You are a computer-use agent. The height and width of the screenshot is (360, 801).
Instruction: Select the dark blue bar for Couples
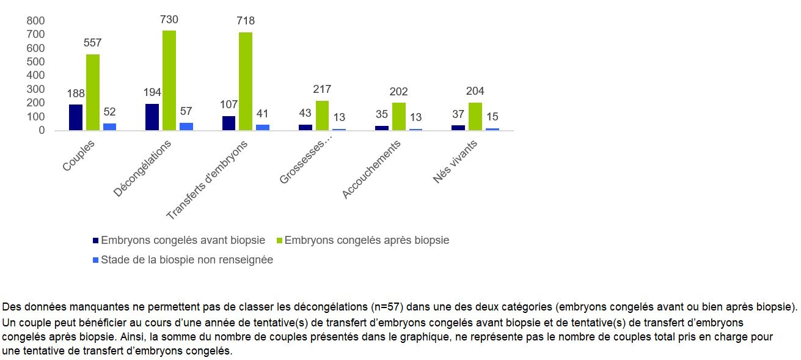point(76,117)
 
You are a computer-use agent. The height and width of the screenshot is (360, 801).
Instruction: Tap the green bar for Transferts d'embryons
point(245,81)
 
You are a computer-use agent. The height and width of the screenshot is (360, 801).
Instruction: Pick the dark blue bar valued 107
point(229,123)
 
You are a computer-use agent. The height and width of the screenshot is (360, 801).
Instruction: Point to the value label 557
point(93,43)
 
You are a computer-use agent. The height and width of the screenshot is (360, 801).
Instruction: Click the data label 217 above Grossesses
point(323,90)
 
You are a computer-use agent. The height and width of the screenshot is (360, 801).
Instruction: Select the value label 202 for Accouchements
point(398,92)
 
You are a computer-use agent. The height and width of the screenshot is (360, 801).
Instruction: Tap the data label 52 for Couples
point(110,112)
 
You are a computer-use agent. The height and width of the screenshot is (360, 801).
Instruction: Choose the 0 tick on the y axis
point(42,130)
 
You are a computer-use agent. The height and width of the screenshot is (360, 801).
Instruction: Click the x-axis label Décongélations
point(142,168)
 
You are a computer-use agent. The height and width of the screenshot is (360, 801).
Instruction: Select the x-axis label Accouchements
point(371,169)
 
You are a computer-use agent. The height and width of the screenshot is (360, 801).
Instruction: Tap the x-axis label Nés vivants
point(455,161)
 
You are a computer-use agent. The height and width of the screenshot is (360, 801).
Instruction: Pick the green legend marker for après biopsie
point(280,241)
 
